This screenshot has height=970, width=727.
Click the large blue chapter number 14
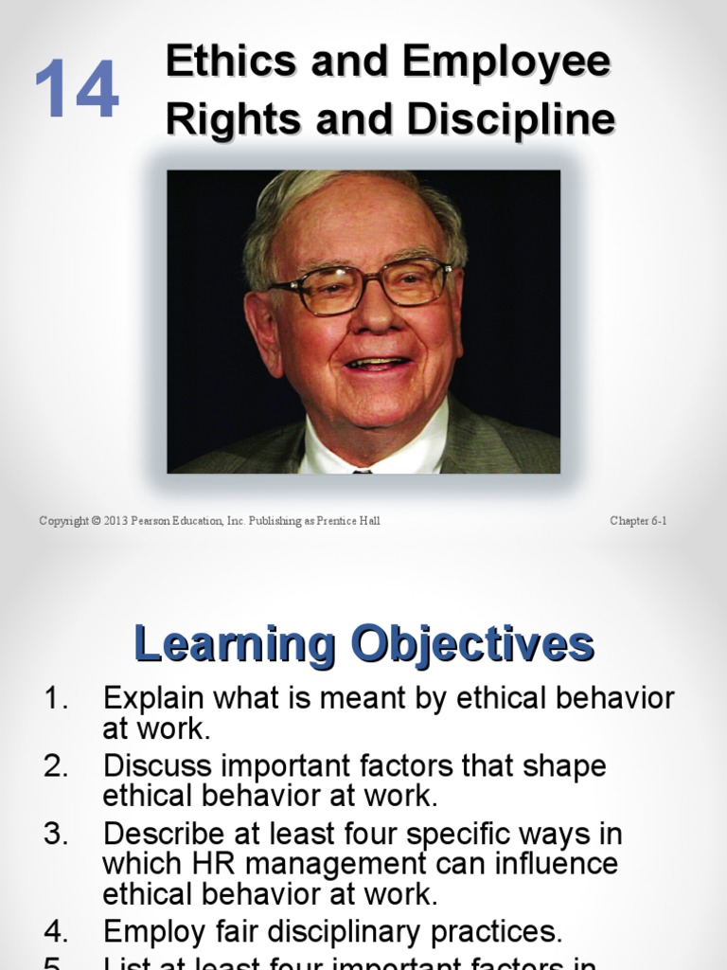click(x=77, y=89)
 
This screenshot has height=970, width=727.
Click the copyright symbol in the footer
click(x=97, y=521)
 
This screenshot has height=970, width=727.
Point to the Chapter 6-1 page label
click(x=638, y=521)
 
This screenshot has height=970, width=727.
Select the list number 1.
click(x=56, y=699)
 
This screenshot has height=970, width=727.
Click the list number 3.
click(x=56, y=834)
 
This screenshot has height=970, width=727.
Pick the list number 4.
click(x=56, y=932)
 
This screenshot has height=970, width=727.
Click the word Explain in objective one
click(x=152, y=700)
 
